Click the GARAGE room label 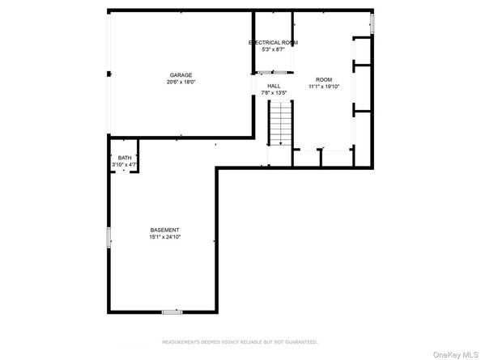click(x=181, y=75)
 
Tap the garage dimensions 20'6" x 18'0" click(x=181, y=82)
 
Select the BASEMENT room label click(x=164, y=230)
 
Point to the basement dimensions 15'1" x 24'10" click(x=164, y=237)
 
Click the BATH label click(x=125, y=158)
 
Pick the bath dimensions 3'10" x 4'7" click(x=124, y=164)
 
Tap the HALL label click(x=274, y=86)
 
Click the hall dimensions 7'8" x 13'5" click(x=274, y=93)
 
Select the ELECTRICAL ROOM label click(x=273, y=43)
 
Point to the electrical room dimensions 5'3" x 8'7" click(x=273, y=49)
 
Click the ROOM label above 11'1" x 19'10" click(x=324, y=79)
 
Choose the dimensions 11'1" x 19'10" click(x=324, y=87)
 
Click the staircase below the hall click(x=280, y=123)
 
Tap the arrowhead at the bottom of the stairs click(x=281, y=143)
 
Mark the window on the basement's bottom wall click(x=172, y=312)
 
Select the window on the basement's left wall click(x=109, y=238)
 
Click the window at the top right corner click(x=372, y=23)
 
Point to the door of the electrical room click(x=273, y=73)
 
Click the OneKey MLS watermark click(x=456, y=355)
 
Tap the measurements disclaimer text click(x=240, y=342)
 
